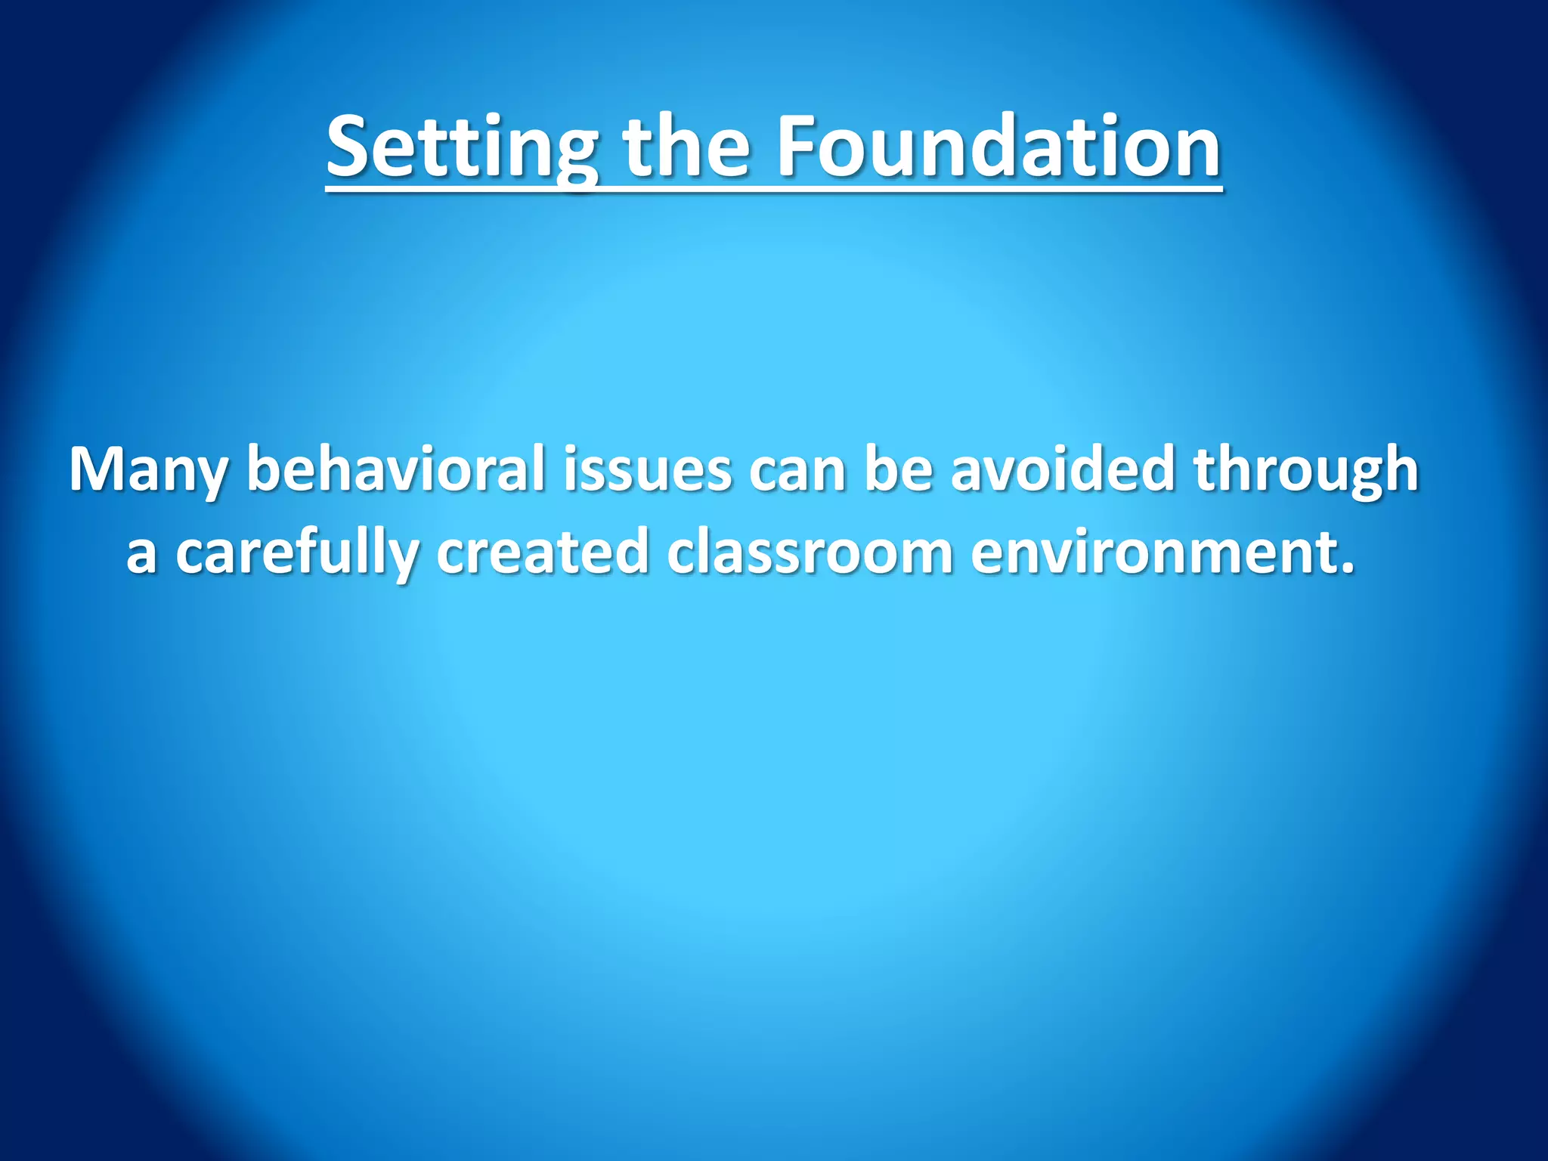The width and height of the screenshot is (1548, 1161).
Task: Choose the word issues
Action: (646, 470)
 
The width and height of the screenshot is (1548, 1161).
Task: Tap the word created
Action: (542, 553)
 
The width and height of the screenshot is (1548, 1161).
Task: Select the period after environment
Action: (1346, 568)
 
